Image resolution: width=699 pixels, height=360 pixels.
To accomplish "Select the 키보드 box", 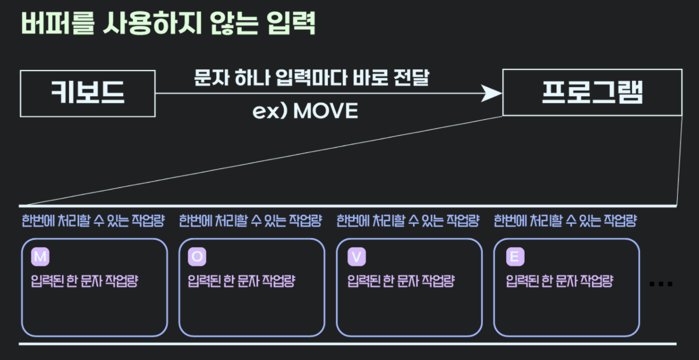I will pos(88,93).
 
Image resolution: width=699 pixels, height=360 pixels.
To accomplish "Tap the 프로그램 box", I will pos(592,92).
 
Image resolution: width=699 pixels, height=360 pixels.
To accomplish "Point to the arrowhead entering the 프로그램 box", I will pos(492,93).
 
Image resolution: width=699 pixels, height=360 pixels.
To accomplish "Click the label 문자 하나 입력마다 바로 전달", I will pos(312,78).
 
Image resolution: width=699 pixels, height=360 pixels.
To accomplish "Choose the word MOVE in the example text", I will pos(325,111).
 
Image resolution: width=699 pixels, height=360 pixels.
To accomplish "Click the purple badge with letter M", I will pos(40,257).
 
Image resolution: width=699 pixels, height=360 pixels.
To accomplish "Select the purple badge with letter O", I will pos(197,257).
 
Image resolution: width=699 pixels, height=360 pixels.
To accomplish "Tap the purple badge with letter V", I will pos(356,257).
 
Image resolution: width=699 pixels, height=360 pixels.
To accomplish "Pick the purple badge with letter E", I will pos(515,257).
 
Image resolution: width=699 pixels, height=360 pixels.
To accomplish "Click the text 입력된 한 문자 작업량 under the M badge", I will pos(84,281).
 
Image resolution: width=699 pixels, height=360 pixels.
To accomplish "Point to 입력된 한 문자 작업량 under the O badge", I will pos(241,281).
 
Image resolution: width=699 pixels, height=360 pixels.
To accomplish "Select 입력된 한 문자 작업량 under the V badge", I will pos(401,281).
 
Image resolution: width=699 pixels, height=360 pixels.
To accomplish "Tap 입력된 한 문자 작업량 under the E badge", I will pos(559,281).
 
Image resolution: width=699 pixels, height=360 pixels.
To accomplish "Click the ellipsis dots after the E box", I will pos(661,284).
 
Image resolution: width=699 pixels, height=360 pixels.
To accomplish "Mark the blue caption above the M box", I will pos(93,220).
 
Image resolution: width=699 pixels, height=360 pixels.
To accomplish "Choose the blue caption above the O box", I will pos(251,220).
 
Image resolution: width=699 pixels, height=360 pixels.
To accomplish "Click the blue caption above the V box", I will pos(408,220).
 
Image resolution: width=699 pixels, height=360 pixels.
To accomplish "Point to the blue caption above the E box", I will pos(565,220).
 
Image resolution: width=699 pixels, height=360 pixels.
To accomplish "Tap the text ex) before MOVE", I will pos(269,111).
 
